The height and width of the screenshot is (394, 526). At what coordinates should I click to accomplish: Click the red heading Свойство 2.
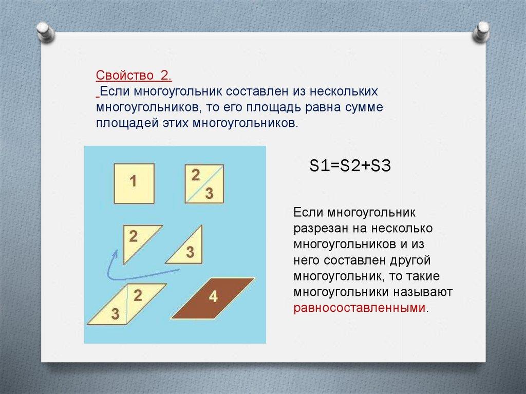coord(134,75)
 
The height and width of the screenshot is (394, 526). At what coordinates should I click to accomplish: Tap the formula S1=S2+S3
coord(350,166)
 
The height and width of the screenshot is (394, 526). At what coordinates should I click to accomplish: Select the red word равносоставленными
coord(359,307)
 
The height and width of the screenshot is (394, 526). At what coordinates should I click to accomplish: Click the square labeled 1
coord(134,183)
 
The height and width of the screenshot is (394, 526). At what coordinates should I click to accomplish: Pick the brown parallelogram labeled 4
coord(213,298)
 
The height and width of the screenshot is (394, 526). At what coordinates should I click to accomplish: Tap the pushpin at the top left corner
coord(46,32)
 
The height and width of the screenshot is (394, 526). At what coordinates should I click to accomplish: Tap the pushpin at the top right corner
coord(481,31)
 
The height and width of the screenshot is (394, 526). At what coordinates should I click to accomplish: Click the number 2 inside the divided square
coord(196,175)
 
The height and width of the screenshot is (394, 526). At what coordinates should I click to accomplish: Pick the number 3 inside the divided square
coord(210,193)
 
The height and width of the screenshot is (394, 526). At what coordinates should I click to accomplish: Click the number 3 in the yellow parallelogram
coord(115,314)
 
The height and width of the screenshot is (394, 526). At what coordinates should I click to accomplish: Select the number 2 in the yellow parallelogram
coord(138,296)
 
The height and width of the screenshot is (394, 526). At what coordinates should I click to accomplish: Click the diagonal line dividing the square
coord(204,184)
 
